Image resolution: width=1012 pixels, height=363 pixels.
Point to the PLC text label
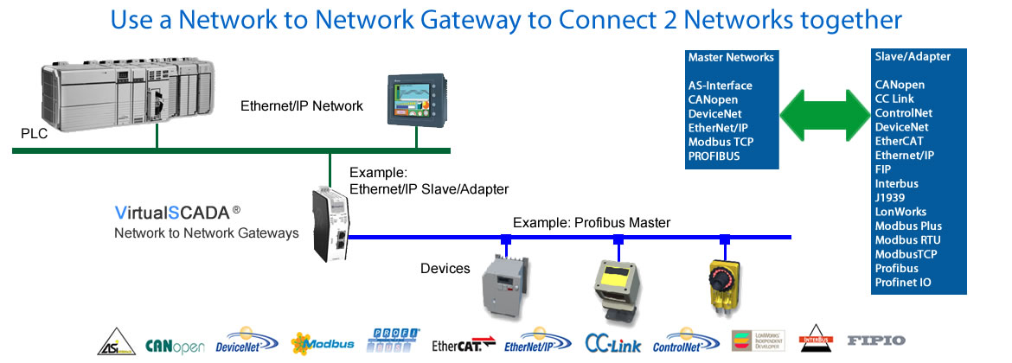34,135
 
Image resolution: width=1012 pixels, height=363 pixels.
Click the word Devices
445,269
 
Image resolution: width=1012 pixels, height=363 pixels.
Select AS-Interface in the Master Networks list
720,86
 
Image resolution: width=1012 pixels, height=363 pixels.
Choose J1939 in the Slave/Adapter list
889,198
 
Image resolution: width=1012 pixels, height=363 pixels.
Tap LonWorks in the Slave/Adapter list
900,212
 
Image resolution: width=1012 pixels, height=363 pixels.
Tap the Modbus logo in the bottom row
323,343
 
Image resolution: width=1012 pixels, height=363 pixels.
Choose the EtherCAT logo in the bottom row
464,345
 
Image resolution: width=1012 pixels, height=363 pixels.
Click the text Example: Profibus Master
591,223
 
